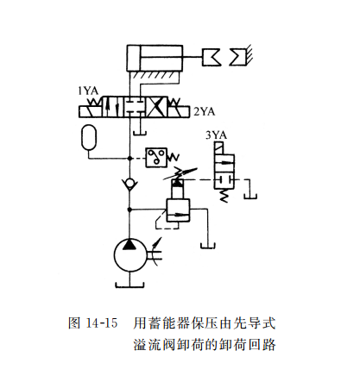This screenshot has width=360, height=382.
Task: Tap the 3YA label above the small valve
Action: (217, 135)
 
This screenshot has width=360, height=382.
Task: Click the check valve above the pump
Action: (129, 184)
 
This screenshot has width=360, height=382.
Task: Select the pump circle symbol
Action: (130, 257)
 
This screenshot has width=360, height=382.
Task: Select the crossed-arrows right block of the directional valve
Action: (160, 110)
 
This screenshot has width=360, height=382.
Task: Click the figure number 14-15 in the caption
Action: (102, 324)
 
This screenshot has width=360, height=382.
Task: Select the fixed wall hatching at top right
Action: (243, 57)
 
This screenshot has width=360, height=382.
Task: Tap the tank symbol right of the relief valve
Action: (208, 226)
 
